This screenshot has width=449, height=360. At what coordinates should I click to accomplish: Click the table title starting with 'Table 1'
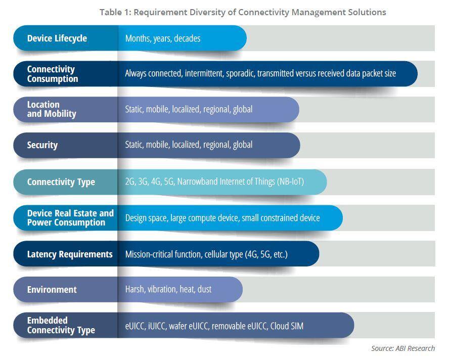coord(243,12)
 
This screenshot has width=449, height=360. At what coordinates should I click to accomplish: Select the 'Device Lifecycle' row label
coord(57,38)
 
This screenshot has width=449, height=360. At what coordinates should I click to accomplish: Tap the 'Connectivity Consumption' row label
coord(53,74)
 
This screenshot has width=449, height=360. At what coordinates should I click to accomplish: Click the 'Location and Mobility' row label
coord(52,109)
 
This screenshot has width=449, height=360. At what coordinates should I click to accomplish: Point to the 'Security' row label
coord(42,145)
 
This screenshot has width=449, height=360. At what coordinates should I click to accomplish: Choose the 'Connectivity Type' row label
coord(61,182)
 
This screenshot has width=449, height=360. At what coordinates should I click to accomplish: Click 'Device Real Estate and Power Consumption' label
coord(70,218)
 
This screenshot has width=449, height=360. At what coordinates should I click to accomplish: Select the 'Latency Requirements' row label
coord(70,254)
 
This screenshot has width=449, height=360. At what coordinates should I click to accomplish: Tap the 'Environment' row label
coord(52,290)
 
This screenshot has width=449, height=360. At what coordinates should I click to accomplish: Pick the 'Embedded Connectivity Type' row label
coord(61,325)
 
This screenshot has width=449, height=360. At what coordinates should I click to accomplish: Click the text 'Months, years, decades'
coord(163,38)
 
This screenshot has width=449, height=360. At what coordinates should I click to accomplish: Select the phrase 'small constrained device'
coord(281,218)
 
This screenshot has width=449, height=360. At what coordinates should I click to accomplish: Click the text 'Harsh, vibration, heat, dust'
coord(168,290)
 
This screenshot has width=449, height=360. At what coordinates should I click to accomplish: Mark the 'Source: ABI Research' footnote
coord(403,348)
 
